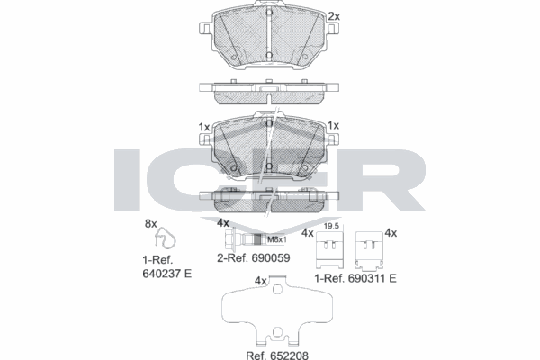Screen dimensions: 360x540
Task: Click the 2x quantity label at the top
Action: coord(334,16)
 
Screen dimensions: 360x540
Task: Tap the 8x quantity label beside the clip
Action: coord(151,222)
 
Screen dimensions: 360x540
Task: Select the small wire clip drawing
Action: coord(165,238)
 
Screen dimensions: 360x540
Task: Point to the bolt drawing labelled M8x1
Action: coord(243,239)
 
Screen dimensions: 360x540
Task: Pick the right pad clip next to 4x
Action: coord(368,250)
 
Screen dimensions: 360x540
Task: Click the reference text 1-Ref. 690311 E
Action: coord(355,278)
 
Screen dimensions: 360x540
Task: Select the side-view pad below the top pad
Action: coord(269,92)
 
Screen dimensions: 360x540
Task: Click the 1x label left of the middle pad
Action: coord(203,126)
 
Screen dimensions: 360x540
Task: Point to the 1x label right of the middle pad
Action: coord(333,126)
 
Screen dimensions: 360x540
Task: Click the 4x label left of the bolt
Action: coord(223,222)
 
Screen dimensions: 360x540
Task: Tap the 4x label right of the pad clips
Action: coord(391,233)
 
